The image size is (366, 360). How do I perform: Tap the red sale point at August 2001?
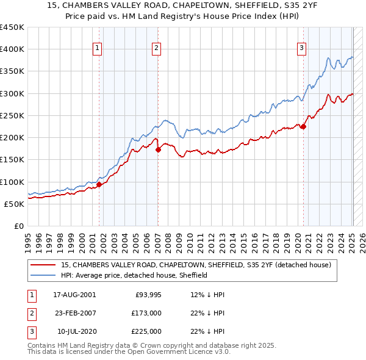(x=99, y=184)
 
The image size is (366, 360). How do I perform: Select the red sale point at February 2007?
(x=158, y=149)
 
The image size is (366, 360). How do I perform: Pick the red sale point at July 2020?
(x=303, y=126)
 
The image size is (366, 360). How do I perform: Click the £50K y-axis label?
(x=15, y=204)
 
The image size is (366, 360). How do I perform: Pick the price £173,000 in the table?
(x=146, y=313)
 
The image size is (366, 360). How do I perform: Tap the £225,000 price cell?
(x=146, y=331)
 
